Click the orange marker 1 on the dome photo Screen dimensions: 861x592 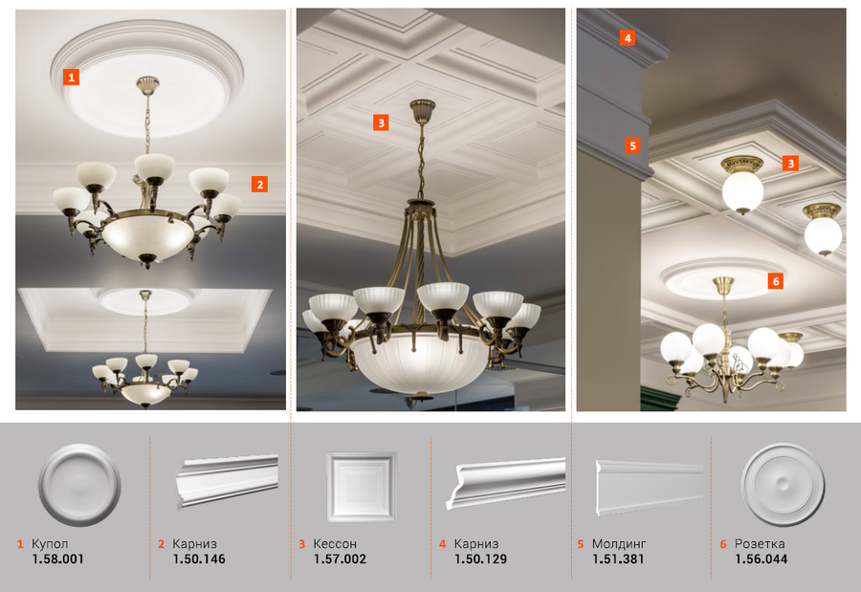[x=71, y=77]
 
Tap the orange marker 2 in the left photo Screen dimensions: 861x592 [x=259, y=184]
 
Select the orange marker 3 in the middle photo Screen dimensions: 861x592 [x=381, y=121]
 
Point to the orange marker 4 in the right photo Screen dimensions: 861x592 [x=628, y=38]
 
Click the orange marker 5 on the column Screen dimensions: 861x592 [x=632, y=145]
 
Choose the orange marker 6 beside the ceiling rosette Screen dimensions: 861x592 [x=775, y=281]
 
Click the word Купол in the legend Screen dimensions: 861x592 [x=50, y=544]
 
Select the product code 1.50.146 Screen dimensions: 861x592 [x=199, y=559]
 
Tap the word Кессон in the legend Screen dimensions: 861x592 [x=335, y=543]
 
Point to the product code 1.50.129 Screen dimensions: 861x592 [x=480, y=559]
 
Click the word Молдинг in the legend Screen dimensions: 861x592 [x=619, y=544]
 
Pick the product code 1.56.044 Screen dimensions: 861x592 [x=762, y=559]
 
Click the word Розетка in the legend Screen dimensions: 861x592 [x=760, y=544]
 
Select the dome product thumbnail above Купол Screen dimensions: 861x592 [x=79, y=485]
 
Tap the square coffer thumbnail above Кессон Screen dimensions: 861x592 [x=361, y=487]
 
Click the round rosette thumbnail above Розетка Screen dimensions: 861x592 [x=783, y=485]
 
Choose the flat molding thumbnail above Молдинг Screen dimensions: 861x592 [x=650, y=488]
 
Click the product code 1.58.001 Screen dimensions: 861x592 [x=57, y=559]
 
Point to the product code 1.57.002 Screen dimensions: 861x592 [x=340, y=559]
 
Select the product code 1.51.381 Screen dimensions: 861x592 [x=618, y=559]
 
